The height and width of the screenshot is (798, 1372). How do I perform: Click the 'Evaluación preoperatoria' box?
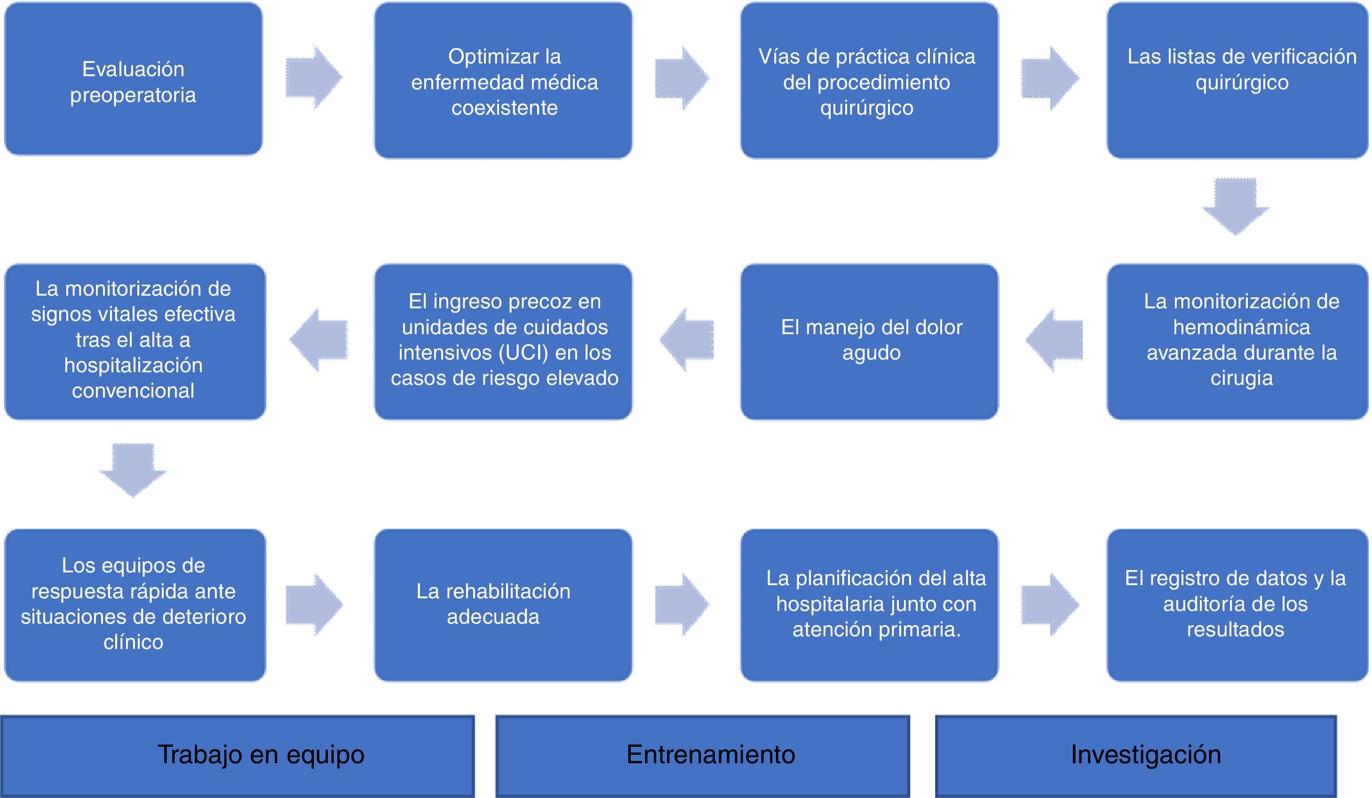click(x=134, y=79)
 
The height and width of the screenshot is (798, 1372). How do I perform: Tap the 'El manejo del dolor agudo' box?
click(x=870, y=342)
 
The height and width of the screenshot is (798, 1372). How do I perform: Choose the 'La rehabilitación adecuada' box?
click(x=504, y=605)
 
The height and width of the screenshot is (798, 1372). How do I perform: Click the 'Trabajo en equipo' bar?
click(x=238, y=756)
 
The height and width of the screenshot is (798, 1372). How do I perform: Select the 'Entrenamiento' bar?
click(x=702, y=756)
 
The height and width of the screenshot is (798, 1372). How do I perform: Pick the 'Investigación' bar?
click(x=1136, y=756)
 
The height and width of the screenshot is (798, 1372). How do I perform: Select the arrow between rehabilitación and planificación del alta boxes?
click(x=682, y=604)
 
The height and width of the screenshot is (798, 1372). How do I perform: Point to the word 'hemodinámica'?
click(x=1241, y=327)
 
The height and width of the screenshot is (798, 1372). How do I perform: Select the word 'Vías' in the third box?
click(x=778, y=56)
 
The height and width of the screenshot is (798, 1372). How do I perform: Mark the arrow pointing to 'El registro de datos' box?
click(x=1050, y=604)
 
